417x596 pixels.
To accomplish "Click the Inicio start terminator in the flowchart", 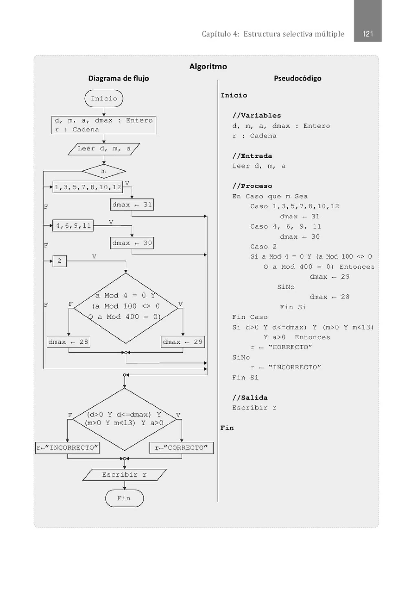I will point(104,98).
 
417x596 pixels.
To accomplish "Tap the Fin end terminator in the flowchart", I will point(124,498).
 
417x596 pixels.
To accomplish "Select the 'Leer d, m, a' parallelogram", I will point(104,149).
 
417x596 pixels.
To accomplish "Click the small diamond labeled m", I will point(104,171).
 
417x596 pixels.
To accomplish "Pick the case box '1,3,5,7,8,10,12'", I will point(88,187).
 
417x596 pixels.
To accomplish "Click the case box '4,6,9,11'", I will point(73,225).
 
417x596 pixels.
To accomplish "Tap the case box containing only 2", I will point(59,261).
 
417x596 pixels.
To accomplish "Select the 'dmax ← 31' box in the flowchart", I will point(132,205).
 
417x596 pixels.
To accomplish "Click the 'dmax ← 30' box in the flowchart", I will point(132,243).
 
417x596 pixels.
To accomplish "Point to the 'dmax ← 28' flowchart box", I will point(69,342).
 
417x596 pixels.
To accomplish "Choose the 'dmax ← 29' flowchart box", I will point(183,342).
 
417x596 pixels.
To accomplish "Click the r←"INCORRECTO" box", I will point(67,448).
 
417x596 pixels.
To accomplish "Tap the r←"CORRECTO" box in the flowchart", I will point(181,448).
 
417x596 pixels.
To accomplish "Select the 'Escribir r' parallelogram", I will point(124,475).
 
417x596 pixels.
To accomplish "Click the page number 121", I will point(368,34).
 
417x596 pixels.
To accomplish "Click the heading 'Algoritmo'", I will point(208,66).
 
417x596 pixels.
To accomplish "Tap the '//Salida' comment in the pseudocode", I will point(250,398).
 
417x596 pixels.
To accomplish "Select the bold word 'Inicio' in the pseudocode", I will point(234,95).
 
